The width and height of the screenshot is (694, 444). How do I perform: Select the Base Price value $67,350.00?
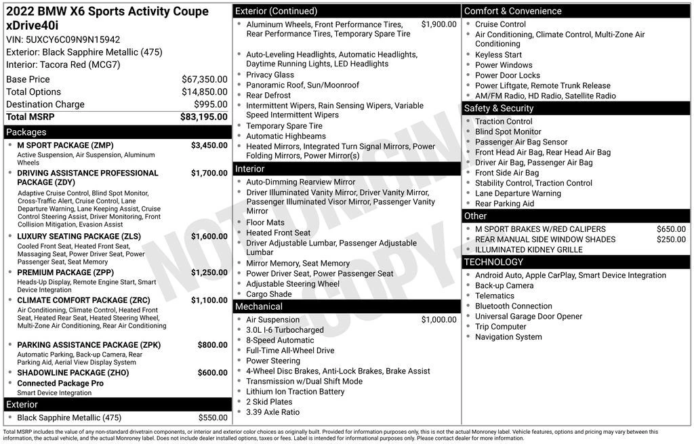tap(204, 79)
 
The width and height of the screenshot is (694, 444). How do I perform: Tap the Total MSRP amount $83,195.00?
tap(203, 117)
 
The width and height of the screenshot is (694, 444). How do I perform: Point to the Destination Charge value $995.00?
tap(211, 104)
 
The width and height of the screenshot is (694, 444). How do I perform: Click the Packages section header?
tap(26, 132)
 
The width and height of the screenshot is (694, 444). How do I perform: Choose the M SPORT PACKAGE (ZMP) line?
tap(65, 145)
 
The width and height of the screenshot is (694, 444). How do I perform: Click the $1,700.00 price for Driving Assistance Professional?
tap(209, 173)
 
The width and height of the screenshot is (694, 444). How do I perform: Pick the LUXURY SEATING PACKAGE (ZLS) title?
tap(79, 236)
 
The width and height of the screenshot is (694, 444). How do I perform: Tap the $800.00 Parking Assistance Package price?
tap(212, 344)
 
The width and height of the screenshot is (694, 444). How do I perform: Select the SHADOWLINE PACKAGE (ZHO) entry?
tap(73, 372)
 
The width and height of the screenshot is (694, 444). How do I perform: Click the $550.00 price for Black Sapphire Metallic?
tap(213, 418)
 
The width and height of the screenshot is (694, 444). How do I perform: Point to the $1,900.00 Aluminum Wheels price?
tap(438, 24)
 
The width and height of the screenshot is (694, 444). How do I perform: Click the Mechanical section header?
tap(259, 306)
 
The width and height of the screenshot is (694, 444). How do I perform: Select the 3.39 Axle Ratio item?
tap(272, 412)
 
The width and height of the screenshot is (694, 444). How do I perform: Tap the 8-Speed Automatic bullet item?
tap(280, 340)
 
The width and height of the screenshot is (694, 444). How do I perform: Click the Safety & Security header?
tap(499, 108)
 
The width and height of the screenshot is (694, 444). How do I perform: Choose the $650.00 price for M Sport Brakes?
tap(671, 229)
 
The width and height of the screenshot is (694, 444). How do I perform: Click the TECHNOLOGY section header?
tap(493, 262)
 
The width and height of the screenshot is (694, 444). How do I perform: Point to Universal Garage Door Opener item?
tap(529, 317)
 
